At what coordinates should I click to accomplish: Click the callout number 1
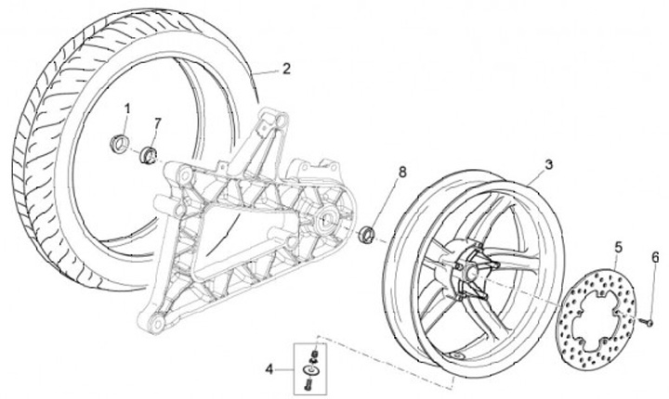click(x=128, y=109)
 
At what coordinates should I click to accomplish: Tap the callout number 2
click(x=286, y=68)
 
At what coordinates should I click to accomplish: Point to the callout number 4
click(x=269, y=368)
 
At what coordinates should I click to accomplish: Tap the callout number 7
click(x=157, y=122)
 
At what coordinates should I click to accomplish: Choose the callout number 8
click(x=402, y=172)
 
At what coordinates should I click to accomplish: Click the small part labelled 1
click(x=119, y=142)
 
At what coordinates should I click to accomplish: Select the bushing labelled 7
click(x=149, y=153)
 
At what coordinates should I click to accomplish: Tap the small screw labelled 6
click(x=650, y=321)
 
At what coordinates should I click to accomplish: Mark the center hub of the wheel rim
click(x=475, y=266)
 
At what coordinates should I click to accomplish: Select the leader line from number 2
click(x=266, y=71)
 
